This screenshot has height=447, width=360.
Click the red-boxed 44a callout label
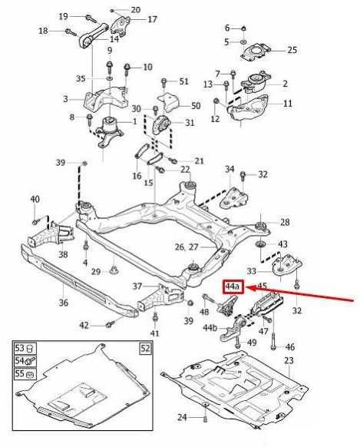pyautogui.click(x=233, y=287)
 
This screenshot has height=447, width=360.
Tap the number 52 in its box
pyautogui.click(x=146, y=349)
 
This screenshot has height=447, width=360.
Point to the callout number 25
pyautogui.click(x=292, y=50)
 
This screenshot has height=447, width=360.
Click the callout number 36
pyautogui.click(x=63, y=302)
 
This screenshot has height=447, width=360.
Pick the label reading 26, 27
pyautogui.click(x=187, y=247)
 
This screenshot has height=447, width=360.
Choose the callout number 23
pyautogui.click(x=289, y=361)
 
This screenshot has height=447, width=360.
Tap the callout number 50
pyautogui.click(x=196, y=106)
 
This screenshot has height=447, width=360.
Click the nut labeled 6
pyautogui.click(x=244, y=28)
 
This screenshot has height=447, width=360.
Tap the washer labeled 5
pyautogui.click(x=243, y=42)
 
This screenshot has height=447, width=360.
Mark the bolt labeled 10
pyautogui.click(x=127, y=71)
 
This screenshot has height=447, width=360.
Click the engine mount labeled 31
pyautogui.click(x=161, y=125)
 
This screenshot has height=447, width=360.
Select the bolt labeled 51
pyautogui.click(x=163, y=83)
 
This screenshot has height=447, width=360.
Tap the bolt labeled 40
pyautogui.click(x=35, y=221)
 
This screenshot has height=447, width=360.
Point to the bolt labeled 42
pyautogui.click(x=110, y=324)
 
